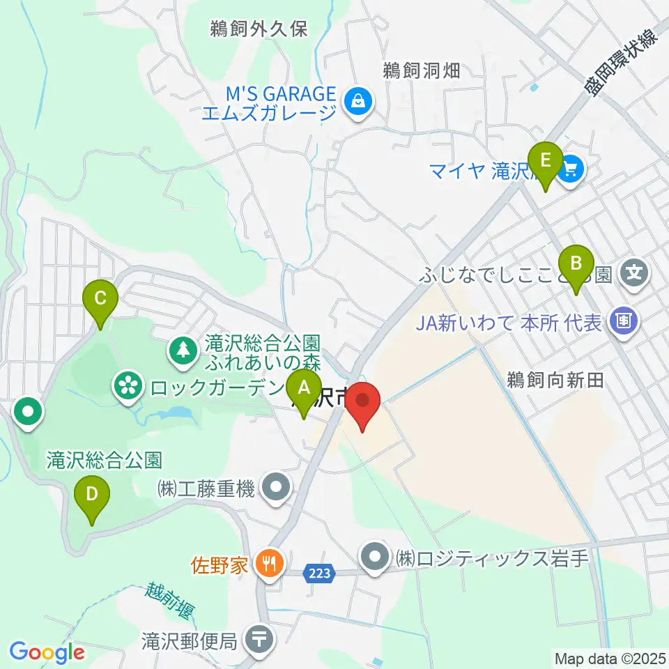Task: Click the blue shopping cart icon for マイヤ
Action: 571,168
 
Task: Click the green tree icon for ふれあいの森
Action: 183,348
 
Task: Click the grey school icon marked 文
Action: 634,272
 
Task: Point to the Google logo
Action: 47,652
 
